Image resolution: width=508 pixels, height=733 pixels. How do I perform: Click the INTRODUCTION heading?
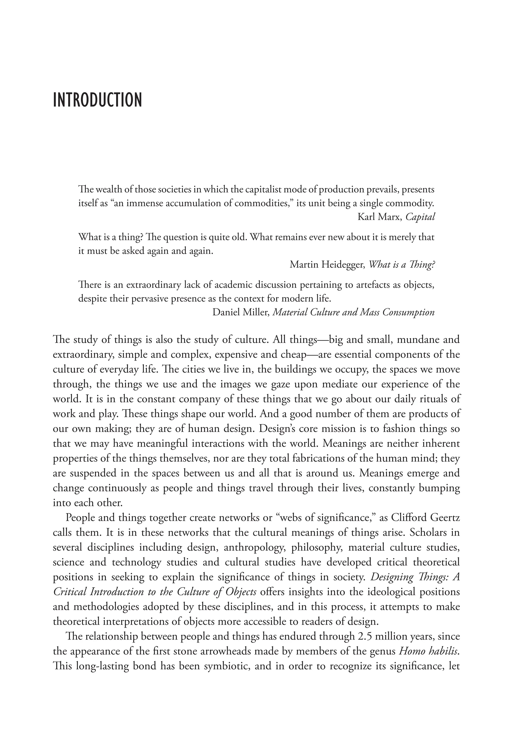(x=97, y=100)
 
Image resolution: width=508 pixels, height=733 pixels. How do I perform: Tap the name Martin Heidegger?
(x=327, y=264)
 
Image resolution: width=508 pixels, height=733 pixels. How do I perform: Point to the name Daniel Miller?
(x=241, y=312)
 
